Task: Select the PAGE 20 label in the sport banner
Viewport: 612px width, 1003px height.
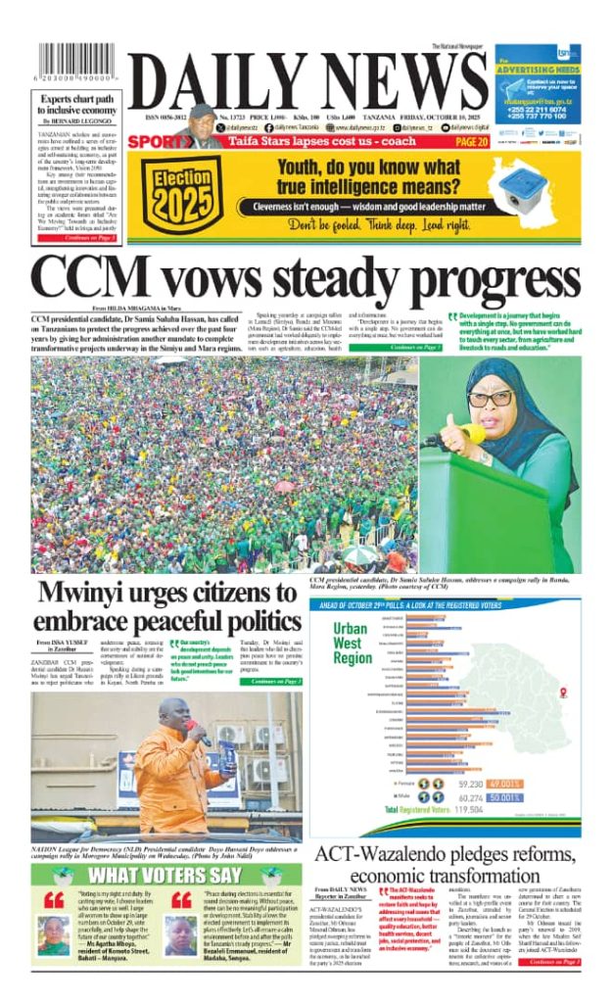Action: (x=468, y=141)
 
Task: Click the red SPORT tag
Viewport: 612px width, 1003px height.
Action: (x=155, y=141)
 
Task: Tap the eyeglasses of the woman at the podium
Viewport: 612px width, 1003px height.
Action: (x=490, y=399)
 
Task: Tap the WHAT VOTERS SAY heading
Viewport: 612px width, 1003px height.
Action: (x=165, y=874)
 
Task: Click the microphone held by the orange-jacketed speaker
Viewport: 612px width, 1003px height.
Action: (x=193, y=729)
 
